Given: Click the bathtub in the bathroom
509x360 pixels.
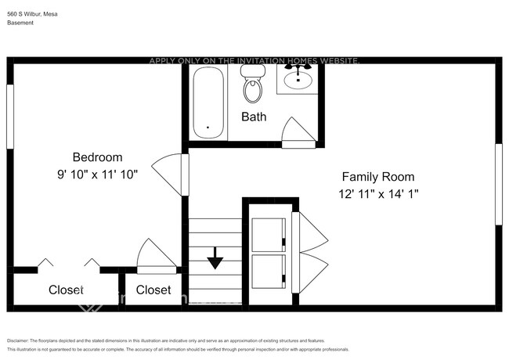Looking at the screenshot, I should click(208, 102).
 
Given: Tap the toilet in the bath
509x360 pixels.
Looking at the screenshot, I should click(252, 86).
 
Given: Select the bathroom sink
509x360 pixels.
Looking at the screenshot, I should click(298, 79).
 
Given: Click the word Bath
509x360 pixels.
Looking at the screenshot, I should click(253, 117).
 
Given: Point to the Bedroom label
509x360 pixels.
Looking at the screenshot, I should click(97, 157).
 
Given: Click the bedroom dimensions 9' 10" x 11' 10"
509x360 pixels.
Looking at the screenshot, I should click(97, 175).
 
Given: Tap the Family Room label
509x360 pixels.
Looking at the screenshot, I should click(377, 177).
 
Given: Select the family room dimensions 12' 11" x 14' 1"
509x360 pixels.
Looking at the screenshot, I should click(377, 194).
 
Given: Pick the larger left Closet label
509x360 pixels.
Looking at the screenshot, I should click(66, 290).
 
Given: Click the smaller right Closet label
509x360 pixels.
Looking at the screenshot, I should click(153, 290).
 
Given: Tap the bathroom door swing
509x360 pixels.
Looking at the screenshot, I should click(299, 131).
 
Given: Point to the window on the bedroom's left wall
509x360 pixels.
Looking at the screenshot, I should click(10, 115).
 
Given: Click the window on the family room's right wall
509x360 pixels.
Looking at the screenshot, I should click(498, 185).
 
